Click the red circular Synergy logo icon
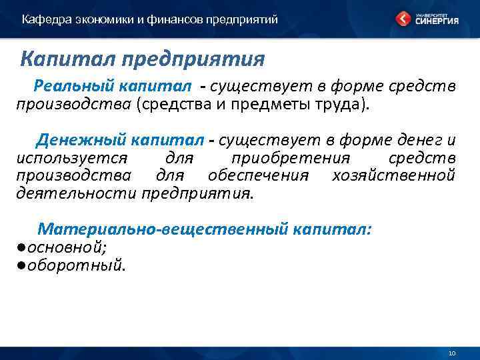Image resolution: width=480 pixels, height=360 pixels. click(404, 19)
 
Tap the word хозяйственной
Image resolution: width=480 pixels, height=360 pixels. click(393, 176)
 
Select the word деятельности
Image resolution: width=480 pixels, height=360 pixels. click(77, 194)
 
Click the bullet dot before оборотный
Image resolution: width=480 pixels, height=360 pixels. click(21, 265)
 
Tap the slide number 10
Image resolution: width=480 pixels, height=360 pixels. click(451, 353)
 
